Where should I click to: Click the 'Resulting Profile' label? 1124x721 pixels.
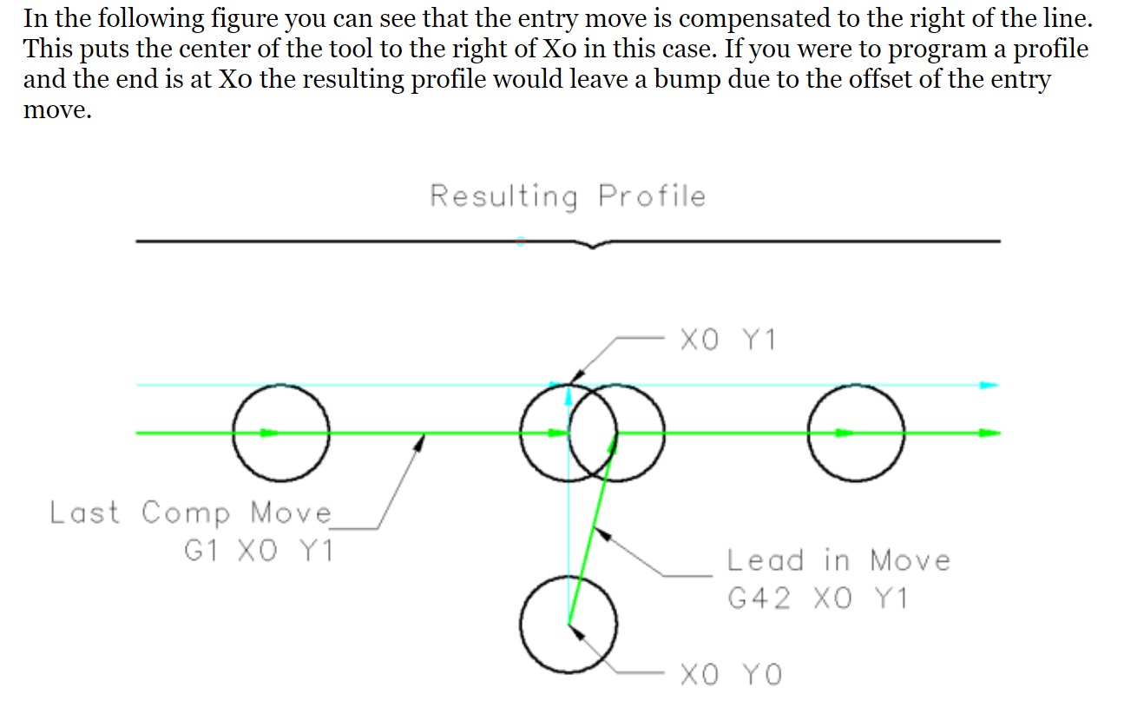(568, 196)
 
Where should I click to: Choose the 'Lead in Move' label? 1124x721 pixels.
(838, 560)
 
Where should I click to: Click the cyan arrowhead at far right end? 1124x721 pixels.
(989, 384)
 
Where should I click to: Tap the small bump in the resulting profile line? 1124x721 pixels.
(592, 246)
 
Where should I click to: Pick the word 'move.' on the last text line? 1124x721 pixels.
(56, 111)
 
